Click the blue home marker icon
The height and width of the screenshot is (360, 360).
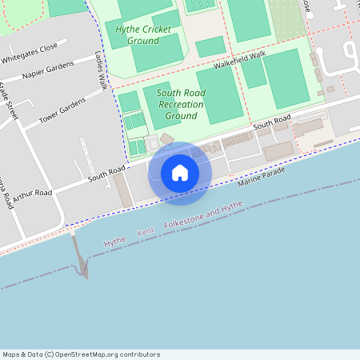(x=180, y=173)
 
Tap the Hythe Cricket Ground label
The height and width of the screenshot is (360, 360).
(x=143, y=34)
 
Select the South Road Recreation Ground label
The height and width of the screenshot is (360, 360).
(x=181, y=104)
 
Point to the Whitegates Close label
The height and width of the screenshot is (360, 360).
(x=30, y=52)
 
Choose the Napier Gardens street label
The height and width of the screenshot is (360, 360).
(x=49, y=70)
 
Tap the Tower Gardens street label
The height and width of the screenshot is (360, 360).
(x=62, y=114)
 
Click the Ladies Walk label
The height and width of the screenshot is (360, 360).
(x=101, y=73)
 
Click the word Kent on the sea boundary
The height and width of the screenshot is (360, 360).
(x=146, y=232)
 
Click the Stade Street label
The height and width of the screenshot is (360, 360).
(x=10, y=100)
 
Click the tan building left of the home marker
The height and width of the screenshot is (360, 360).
(x=124, y=190)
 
